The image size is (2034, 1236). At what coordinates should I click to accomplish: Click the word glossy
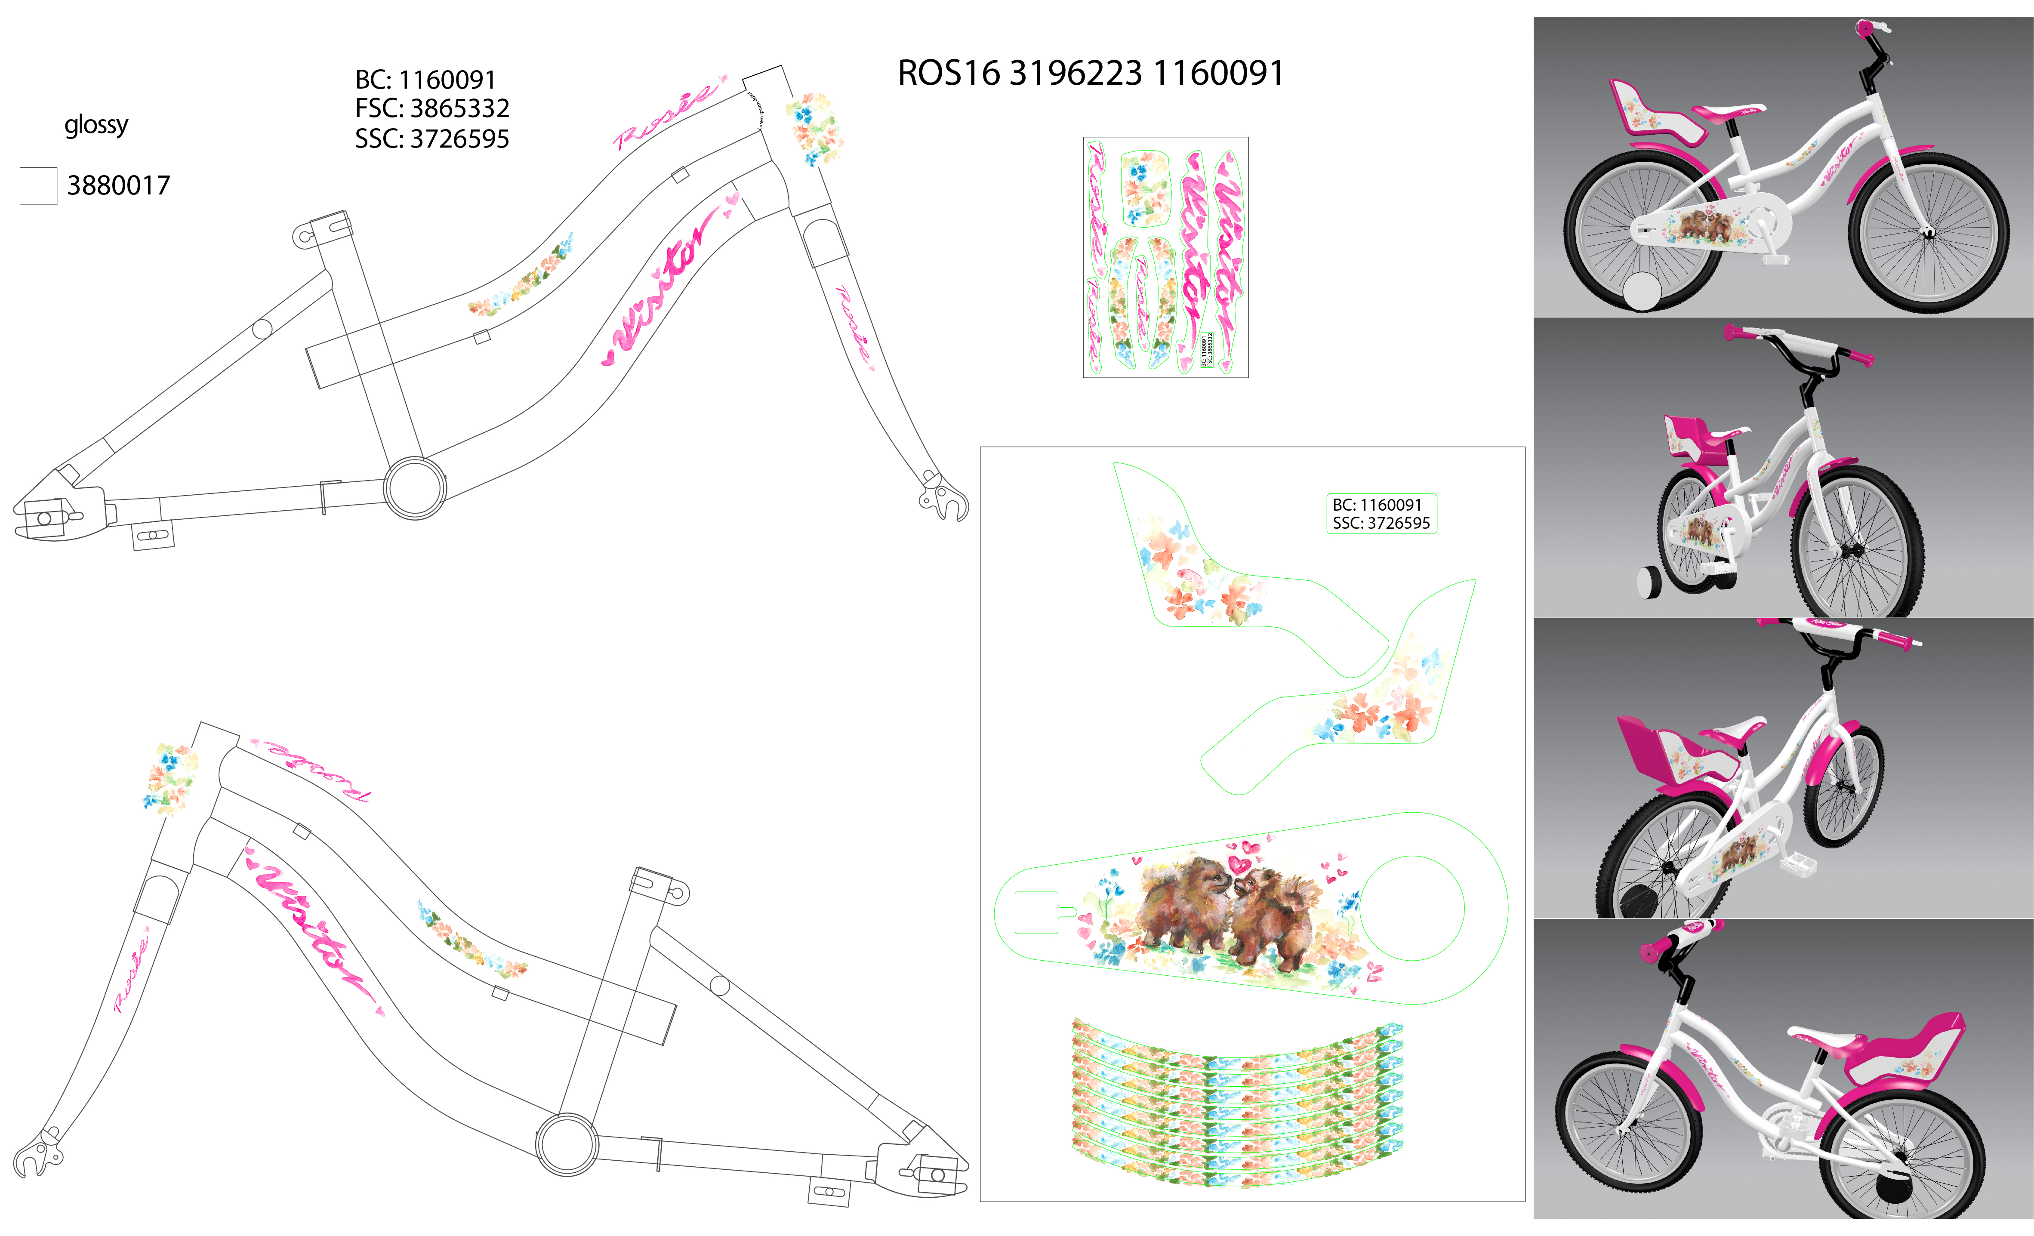click(x=97, y=125)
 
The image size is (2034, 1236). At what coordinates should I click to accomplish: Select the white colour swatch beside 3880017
click(x=38, y=186)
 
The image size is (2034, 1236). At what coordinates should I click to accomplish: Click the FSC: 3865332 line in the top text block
click(x=432, y=108)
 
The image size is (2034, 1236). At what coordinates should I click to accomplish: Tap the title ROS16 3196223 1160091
click(x=1091, y=74)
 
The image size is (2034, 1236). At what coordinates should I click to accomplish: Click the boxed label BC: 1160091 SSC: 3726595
click(x=1381, y=514)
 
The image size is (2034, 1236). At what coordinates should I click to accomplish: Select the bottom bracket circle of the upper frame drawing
click(x=414, y=487)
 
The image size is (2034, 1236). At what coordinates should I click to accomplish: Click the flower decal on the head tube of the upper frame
click(x=813, y=128)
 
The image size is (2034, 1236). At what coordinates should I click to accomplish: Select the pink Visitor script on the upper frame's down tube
click(x=660, y=285)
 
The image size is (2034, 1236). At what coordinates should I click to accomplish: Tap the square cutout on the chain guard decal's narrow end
click(x=1037, y=912)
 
